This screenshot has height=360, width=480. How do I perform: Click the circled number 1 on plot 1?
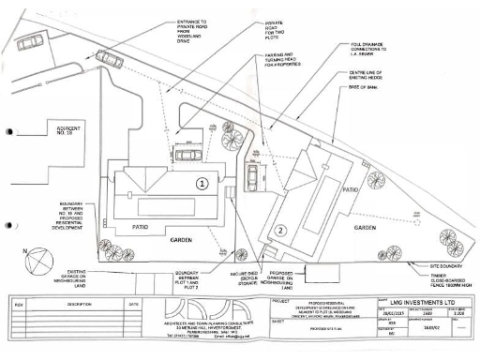tap(201, 184)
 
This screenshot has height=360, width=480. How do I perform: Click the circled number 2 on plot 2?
tap(279, 228)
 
